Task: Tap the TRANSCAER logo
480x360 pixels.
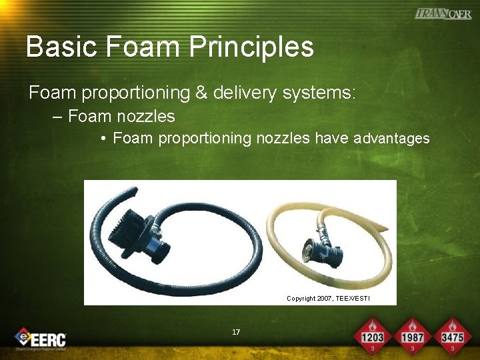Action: point(443,13)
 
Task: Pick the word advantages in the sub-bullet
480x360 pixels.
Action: point(391,139)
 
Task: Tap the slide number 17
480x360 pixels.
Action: point(236,332)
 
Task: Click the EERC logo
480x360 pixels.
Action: point(41,339)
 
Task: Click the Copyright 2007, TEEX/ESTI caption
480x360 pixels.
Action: point(327,298)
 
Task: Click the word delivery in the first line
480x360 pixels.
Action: point(245,93)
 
